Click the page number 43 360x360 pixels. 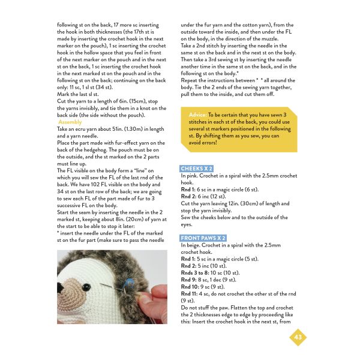coord(298,338)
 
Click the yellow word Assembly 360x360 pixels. coord(70,122)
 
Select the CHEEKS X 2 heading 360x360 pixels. coord(197,169)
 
